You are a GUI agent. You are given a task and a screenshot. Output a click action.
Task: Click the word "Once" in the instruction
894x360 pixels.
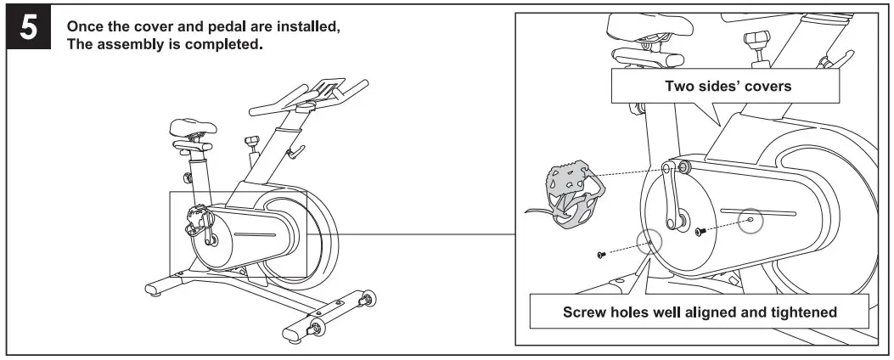tap(82, 26)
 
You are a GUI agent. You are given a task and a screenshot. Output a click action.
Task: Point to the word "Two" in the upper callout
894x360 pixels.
tap(678, 86)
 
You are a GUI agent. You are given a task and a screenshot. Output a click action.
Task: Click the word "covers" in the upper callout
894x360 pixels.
tap(767, 86)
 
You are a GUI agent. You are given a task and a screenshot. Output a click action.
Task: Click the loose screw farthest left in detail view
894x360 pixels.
tap(601, 254)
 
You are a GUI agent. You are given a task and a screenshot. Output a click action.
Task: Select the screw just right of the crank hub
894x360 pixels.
tap(700, 231)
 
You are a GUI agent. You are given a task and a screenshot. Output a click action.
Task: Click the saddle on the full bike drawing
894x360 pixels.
tap(188, 130)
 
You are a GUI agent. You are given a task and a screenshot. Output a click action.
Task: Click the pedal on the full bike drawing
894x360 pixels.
tap(196, 218)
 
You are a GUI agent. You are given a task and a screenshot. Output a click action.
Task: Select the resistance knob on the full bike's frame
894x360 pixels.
tap(250, 140)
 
